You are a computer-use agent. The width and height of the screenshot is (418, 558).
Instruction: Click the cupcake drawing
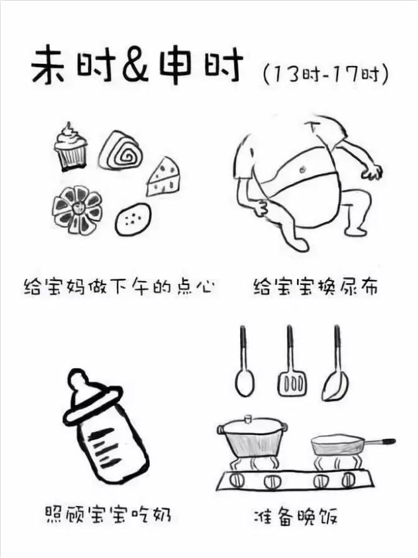70,148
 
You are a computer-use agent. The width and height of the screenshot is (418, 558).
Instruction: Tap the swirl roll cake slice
124,151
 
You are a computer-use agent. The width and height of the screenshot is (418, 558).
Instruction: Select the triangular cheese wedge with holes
164,178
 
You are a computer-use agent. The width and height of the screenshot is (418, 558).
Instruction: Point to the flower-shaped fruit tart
77,210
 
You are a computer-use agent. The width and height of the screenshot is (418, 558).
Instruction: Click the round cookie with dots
133,217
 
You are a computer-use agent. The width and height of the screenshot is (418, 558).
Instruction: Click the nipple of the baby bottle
79,382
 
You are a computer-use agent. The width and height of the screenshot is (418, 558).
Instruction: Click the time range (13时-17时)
324,75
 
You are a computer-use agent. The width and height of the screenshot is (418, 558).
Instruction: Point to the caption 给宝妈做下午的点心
118,287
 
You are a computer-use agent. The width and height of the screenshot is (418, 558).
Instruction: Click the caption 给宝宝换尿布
315,287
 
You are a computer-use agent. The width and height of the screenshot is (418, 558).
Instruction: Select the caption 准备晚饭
302,516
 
